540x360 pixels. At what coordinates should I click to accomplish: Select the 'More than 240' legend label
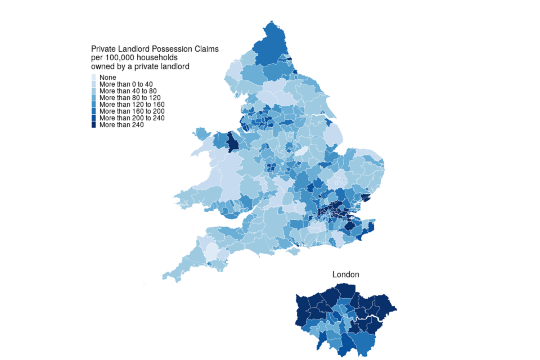(121, 125)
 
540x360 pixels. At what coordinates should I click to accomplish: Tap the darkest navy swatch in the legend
(94, 125)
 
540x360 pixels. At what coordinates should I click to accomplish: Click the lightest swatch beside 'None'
(94, 77)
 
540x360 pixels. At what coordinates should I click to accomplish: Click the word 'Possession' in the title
(166, 49)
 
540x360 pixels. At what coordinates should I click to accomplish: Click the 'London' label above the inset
(345, 274)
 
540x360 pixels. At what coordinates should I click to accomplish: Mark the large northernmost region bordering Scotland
(273, 48)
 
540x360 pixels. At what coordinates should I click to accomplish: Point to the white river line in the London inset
(360, 320)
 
